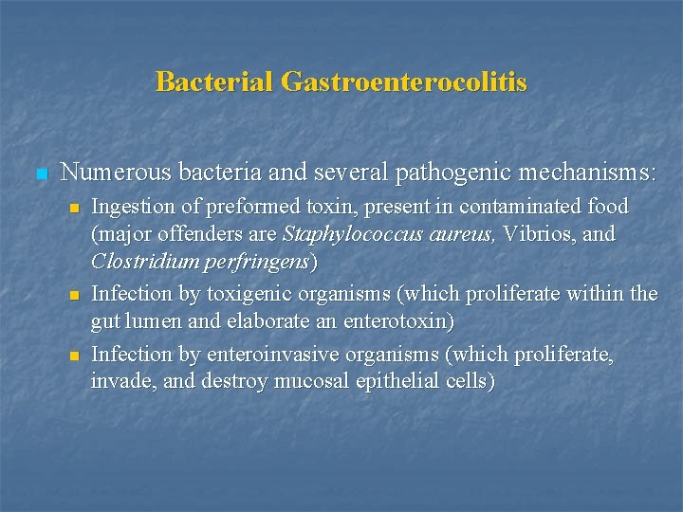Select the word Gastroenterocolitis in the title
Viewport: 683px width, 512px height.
tap(403, 82)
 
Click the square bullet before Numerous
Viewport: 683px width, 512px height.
tap(40, 174)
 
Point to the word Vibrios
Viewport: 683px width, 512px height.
tap(538, 233)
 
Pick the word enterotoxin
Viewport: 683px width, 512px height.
tap(388, 321)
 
